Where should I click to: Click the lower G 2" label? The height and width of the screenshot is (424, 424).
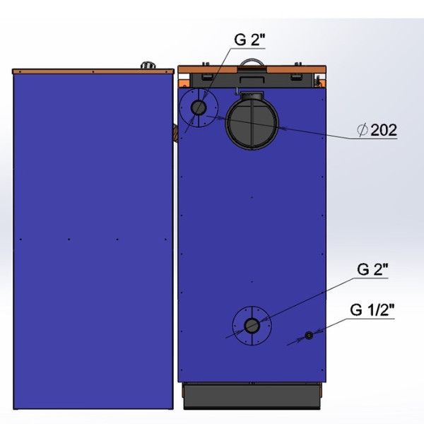click(x=372, y=269)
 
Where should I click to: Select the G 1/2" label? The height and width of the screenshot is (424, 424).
click(x=372, y=310)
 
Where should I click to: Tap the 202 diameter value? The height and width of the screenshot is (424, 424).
click(x=384, y=130)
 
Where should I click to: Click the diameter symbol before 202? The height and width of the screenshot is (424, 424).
click(x=363, y=130)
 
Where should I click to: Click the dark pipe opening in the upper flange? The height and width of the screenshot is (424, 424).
click(x=199, y=107)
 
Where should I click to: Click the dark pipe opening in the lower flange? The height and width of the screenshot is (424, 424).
click(x=252, y=326)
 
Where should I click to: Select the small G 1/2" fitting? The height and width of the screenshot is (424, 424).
click(x=309, y=336)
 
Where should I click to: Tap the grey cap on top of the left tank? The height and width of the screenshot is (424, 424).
click(x=148, y=66)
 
